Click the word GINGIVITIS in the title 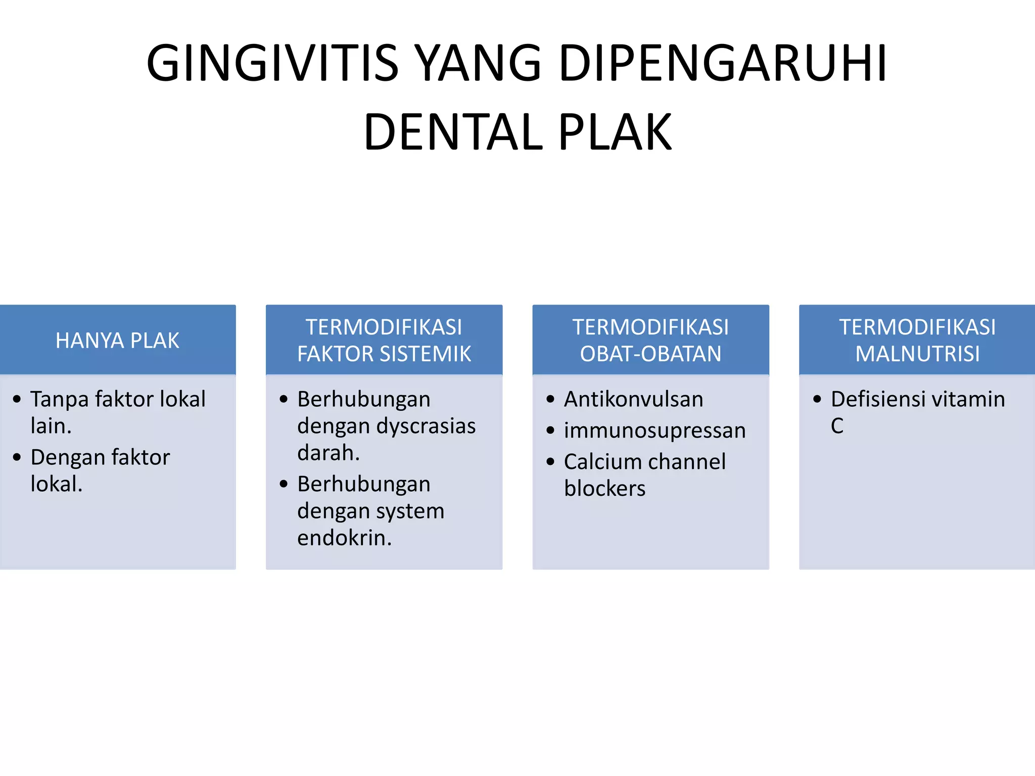[272, 63]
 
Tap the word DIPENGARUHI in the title [723, 63]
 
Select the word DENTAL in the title [453, 132]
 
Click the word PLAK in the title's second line [615, 132]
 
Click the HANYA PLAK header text [117, 341]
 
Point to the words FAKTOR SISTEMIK [384, 354]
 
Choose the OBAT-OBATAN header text [650, 354]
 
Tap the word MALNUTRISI [917, 354]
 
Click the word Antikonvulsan [633, 399]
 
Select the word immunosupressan [654, 430]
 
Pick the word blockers [604, 489]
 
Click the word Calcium [596, 462]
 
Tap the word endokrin [344, 538]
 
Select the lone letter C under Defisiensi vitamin [837, 426]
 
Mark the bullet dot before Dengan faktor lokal [17, 457]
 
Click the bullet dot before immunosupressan [550, 430]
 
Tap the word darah [327, 453]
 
